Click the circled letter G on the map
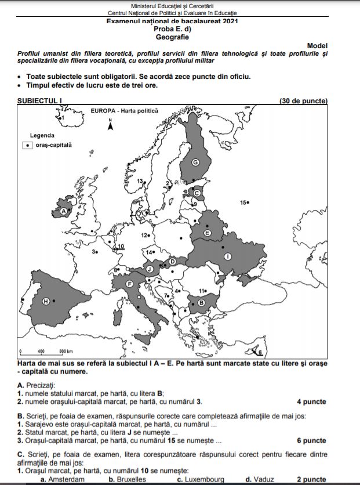point(195,162)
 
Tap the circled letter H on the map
point(46,301)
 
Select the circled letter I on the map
point(228,256)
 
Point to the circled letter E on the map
point(207,232)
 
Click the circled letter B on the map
point(201,302)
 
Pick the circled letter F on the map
point(130,284)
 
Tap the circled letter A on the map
point(64,211)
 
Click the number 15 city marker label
point(244,202)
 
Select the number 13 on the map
point(140,182)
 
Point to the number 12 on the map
point(145,236)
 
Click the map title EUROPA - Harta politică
point(124,110)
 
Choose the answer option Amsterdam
point(61,480)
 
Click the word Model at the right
point(317,45)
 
